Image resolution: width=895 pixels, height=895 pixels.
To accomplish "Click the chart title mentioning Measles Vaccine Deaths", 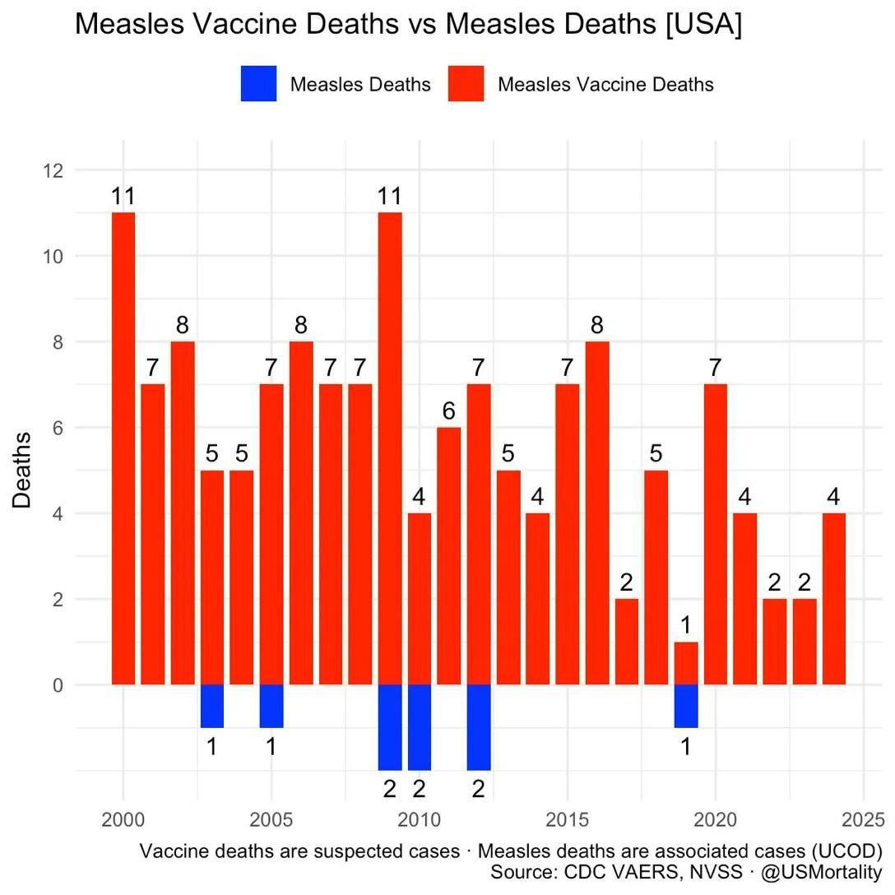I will click(408, 25).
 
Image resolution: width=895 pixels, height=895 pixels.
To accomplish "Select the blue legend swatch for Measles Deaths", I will click(258, 84).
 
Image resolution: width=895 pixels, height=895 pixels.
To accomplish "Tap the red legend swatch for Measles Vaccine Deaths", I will click(466, 84).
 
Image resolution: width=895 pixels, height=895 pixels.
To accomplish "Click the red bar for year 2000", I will click(123, 448).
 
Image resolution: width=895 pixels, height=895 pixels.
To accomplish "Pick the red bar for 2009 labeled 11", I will click(390, 448).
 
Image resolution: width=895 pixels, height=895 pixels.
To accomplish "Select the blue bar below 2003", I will click(212, 706).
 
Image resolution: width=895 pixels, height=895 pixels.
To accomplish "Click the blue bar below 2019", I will click(686, 706).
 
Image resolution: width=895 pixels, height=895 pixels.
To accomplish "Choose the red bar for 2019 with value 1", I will click(686, 663).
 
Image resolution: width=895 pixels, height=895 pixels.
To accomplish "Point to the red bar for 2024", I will click(834, 599).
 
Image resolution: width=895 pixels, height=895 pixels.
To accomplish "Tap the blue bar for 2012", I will click(479, 727).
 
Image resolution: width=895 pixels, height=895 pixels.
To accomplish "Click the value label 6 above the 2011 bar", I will click(448, 410).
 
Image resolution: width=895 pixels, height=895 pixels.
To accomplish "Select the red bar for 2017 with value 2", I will click(627, 642).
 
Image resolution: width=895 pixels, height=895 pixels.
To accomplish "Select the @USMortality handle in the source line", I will click(821, 872).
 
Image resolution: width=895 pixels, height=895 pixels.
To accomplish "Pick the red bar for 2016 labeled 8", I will click(597, 513).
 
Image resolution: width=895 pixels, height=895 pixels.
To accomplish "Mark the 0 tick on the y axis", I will click(58, 684).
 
